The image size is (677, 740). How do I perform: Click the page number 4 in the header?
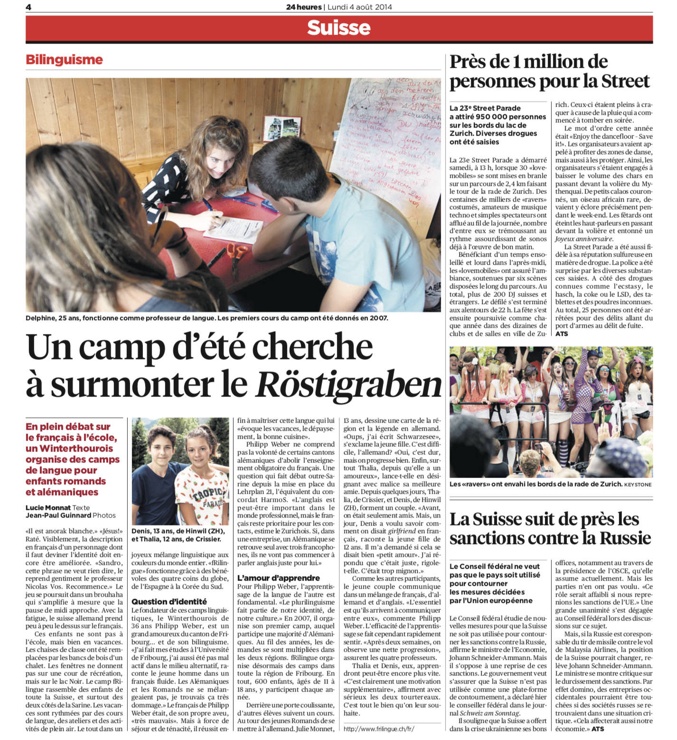(x=28, y=7)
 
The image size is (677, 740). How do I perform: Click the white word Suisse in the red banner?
(x=338, y=28)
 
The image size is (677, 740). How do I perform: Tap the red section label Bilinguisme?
(x=64, y=60)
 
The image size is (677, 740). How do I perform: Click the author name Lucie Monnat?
(x=48, y=508)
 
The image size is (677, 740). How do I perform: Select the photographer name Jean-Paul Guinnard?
(x=58, y=515)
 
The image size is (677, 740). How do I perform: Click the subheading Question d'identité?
(x=169, y=601)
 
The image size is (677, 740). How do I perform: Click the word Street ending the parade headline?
(x=625, y=81)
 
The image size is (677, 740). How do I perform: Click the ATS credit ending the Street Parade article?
(x=562, y=333)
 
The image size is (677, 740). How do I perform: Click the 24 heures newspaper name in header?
(x=304, y=7)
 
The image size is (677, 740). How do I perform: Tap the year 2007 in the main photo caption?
(x=377, y=318)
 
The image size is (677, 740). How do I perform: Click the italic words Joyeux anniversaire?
(x=583, y=239)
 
